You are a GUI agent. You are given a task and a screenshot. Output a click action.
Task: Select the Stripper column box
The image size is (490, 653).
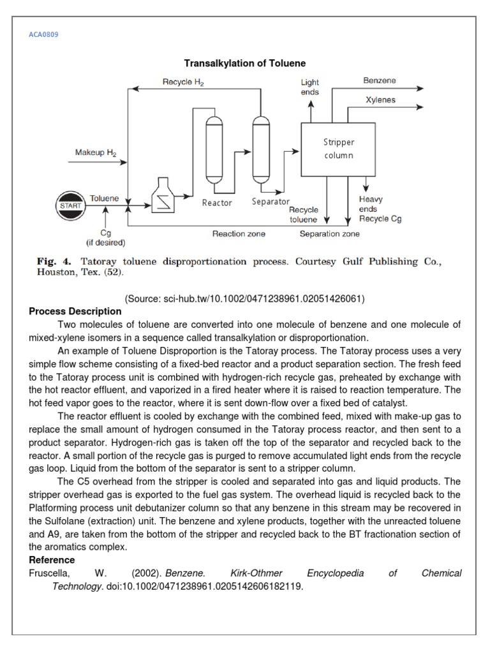point(338,149)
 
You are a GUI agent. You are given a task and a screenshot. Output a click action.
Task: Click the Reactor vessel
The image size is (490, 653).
point(214,151)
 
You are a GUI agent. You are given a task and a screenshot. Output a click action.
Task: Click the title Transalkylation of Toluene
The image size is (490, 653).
point(245,63)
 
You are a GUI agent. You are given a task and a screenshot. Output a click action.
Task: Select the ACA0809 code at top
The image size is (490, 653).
point(44,34)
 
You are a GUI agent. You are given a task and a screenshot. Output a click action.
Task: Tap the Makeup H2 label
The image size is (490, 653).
point(96,152)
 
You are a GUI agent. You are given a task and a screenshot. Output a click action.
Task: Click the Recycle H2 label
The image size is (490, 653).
point(183,82)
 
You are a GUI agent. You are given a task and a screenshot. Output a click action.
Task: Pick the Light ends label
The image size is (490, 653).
point(310,87)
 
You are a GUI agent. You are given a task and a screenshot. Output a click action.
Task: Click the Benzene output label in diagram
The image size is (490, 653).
point(380,81)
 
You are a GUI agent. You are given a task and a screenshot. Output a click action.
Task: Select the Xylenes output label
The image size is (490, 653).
point(380,100)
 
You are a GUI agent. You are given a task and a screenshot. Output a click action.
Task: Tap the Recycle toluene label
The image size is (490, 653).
point(304,214)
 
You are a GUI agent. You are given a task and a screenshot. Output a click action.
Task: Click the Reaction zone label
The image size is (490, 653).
point(239,234)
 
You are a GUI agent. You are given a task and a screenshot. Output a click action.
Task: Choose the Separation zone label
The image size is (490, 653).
point(329,234)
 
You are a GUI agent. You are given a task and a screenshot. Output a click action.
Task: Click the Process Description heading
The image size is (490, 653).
point(75,311)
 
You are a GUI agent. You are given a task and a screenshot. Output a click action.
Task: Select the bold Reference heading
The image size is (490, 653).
point(52,560)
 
